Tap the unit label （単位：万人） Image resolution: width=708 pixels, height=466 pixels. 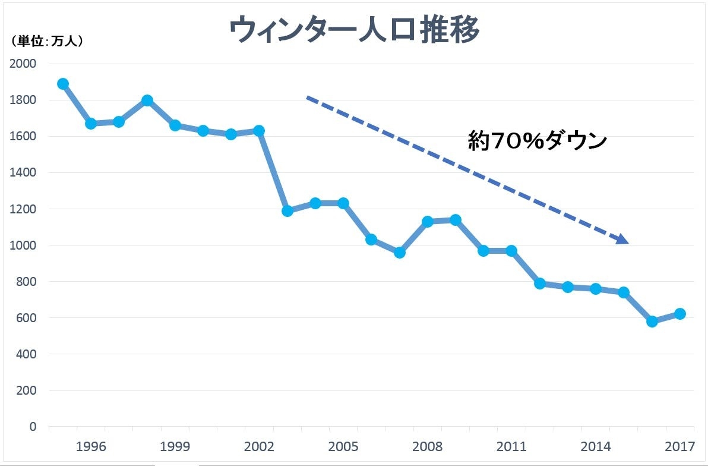46,42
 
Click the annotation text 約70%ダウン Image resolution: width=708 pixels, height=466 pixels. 538,141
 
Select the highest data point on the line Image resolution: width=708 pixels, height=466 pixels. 63,84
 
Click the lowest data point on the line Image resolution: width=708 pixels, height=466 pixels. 652,322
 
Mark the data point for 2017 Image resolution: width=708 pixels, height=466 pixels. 680,314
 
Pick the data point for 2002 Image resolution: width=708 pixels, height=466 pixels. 259,131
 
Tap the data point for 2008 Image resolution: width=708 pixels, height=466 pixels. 427,222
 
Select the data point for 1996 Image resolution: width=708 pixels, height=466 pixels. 91,124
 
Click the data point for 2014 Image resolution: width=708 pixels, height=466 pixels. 595,289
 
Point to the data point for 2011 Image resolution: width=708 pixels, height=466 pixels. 511,251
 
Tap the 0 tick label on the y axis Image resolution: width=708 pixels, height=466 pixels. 33,427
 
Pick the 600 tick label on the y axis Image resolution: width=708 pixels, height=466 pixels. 26,318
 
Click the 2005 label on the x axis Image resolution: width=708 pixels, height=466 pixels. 343,446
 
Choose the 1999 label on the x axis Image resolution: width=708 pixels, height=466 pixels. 175,446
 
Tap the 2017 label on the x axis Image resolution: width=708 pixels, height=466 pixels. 679,446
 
